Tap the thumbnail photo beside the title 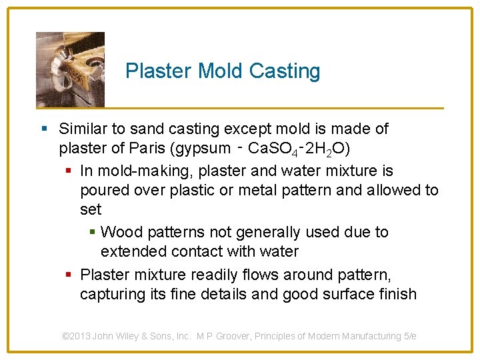pyautogui.click(x=70, y=69)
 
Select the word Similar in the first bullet pyautogui.click(x=83, y=129)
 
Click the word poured pyautogui.click(x=103, y=190)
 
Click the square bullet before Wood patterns pyautogui.click(x=93, y=233)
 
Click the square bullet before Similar pyautogui.click(x=43, y=129)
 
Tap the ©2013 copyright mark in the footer pyautogui.click(x=75, y=336)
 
